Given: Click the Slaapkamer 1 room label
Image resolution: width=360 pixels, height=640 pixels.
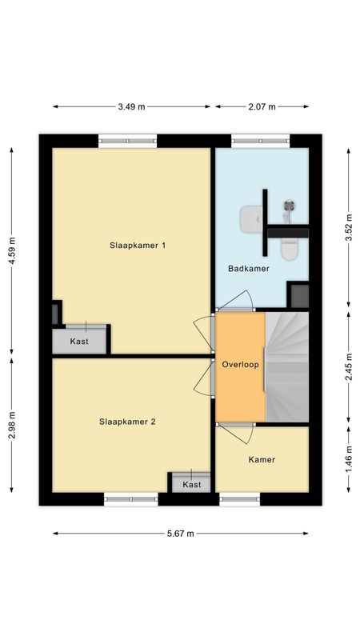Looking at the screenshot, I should [138, 246].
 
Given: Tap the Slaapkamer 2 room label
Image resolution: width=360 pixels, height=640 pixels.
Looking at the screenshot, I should [127, 421].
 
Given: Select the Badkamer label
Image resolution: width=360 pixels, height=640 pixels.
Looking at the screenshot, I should [248, 269].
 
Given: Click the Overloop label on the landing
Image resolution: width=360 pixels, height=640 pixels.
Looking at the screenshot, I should [240, 364].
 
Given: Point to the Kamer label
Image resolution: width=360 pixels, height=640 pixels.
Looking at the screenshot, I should [262, 460].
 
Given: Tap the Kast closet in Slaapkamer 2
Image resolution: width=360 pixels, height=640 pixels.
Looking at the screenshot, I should [191, 484].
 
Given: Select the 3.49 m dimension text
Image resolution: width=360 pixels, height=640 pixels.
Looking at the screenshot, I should [131, 106].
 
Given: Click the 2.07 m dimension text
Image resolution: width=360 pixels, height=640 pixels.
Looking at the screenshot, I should [262, 106].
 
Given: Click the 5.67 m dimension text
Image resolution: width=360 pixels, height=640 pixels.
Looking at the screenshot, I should [180, 534].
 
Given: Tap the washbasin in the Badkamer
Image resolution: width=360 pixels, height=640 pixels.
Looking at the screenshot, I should [251, 218].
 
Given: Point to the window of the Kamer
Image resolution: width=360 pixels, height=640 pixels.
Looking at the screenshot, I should [240, 499].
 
